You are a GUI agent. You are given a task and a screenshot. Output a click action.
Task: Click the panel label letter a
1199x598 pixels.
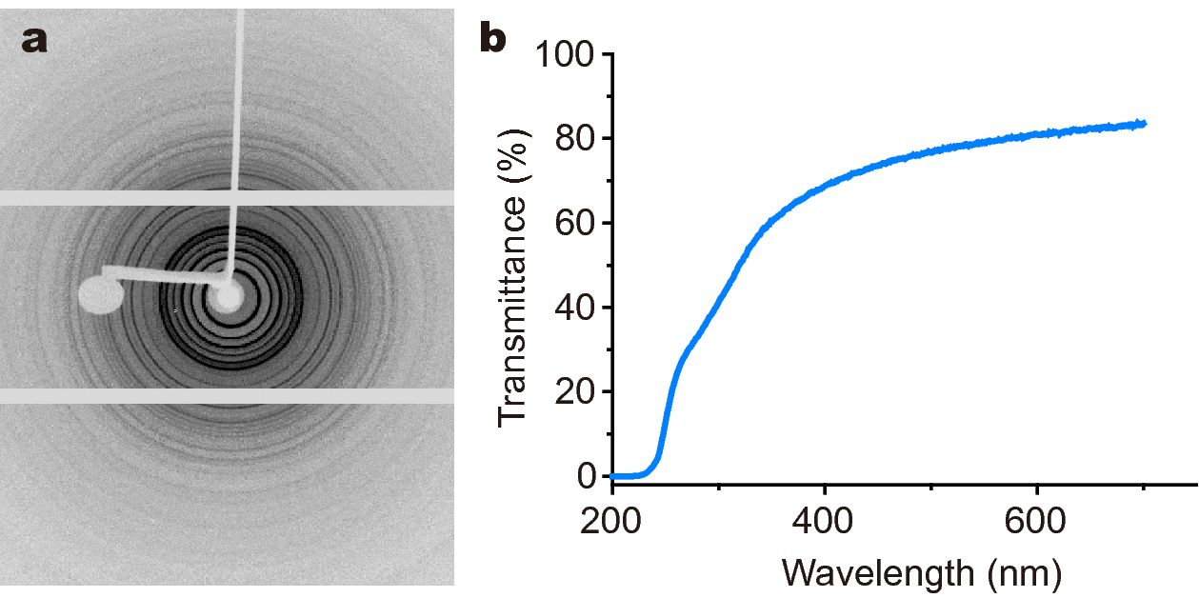(x=34, y=40)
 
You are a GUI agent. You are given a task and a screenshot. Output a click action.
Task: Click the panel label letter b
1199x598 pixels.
(x=494, y=40)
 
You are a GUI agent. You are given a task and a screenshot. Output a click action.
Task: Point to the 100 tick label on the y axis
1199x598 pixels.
(x=563, y=55)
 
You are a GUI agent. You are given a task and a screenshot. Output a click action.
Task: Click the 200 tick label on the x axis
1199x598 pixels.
(x=611, y=522)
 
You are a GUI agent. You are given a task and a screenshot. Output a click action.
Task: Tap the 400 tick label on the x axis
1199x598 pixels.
(x=824, y=522)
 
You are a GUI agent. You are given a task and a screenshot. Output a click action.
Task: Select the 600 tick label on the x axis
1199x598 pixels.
(x=1036, y=522)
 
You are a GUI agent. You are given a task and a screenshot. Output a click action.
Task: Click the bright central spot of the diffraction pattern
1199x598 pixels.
(x=229, y=298)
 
